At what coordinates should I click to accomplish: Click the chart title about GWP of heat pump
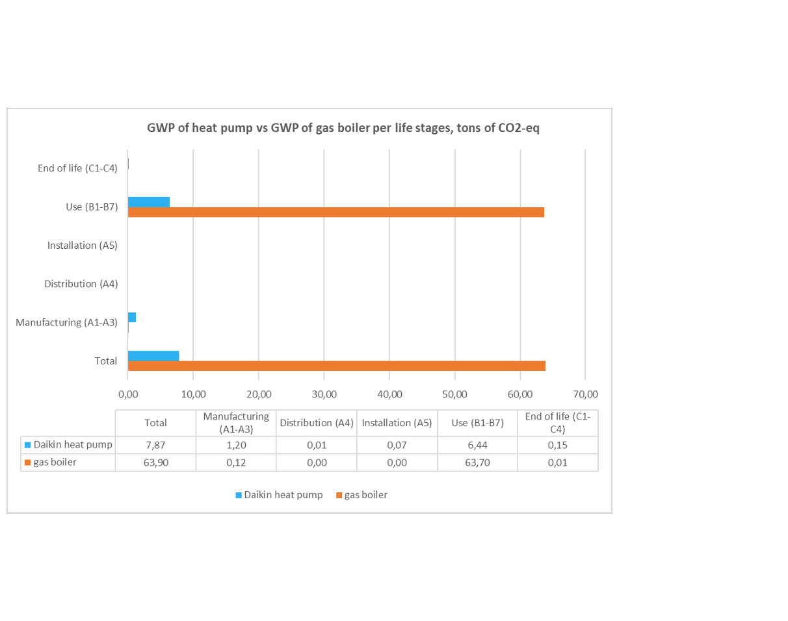pos(343,128)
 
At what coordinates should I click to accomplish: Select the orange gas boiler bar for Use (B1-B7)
pos(335,212)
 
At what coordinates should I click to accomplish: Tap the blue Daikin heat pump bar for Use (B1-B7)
pos(149,202)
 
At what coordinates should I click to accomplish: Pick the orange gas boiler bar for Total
pos(336,366)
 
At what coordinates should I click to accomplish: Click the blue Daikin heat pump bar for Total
pos(153,356)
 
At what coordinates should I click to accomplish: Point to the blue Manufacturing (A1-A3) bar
pos(132,318)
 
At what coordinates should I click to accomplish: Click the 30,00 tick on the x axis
pos(324,394)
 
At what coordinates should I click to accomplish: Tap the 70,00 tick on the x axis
pos(585,394)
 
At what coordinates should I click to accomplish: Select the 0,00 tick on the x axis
pos(128,394)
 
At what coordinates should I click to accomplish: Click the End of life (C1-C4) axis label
pos(77,169)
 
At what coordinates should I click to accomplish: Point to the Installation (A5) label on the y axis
pos(82,246)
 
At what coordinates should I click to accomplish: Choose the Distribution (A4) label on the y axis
pos(81,284)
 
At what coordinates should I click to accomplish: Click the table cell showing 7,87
pos(155,445)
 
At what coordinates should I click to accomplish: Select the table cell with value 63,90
pos(155,463)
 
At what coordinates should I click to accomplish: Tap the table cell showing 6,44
pos(478,445)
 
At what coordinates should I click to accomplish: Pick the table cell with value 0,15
pos(558,445)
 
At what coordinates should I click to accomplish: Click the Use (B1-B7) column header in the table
pos(478,423)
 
